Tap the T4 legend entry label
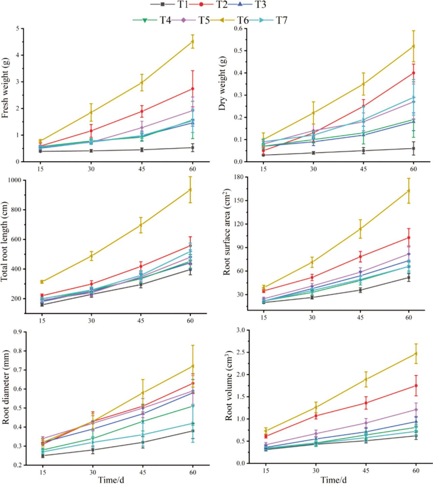[165, 20]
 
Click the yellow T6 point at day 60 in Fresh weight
[192, 42]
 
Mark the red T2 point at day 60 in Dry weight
[413, 73]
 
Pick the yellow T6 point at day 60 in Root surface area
[409, 191]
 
